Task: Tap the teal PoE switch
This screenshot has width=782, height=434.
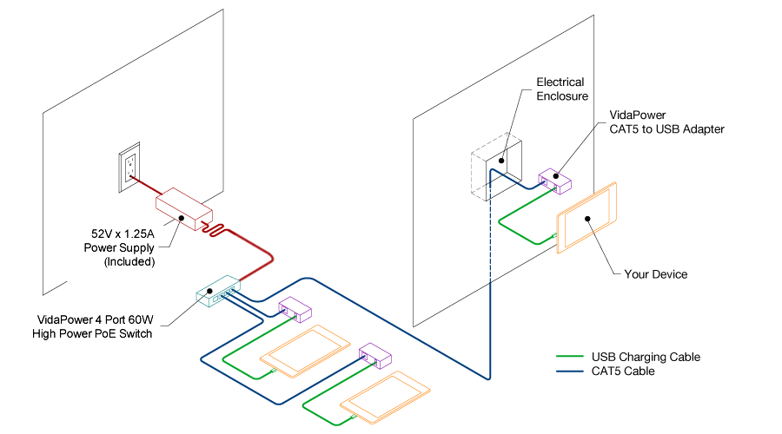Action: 218,293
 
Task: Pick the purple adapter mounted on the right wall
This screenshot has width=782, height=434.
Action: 554,181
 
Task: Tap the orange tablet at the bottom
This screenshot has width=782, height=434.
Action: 383,398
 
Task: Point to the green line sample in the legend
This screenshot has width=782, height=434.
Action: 568,357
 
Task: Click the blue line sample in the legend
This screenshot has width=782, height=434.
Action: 568,372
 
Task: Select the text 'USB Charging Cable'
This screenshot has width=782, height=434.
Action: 646,357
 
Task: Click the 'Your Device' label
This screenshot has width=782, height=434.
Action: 655,274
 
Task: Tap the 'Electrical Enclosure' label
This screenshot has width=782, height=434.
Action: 560,89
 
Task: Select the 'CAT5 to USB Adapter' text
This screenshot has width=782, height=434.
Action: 666,129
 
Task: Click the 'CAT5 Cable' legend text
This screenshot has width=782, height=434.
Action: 623,372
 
